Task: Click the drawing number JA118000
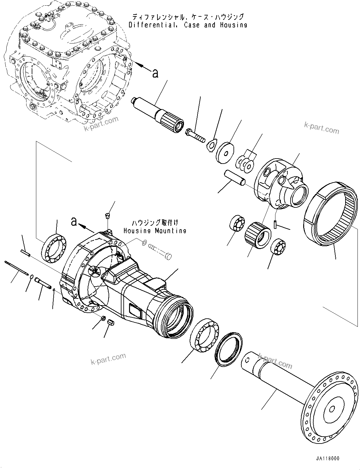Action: pos(327,459)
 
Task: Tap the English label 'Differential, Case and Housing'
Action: pos(188,25)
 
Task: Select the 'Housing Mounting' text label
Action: pos(155,231)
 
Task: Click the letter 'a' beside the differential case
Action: pos(155,73)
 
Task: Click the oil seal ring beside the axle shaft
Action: pos(229,348)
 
